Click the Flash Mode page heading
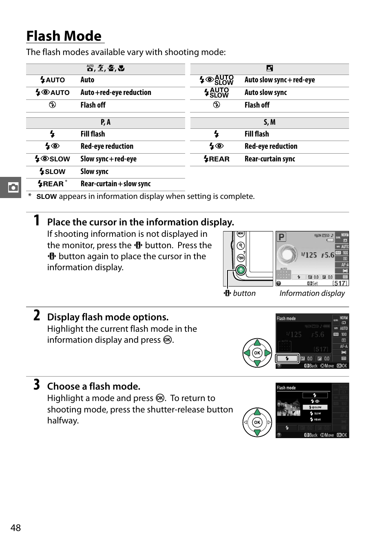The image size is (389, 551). pyautogui.click(x=64, y=36)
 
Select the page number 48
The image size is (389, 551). pyautogui.click(x=15, y=528)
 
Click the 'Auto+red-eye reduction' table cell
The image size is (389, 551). pyautogui.click(x=116, y=93)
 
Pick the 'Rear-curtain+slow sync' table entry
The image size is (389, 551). pyautogui.click(x=115, y=184)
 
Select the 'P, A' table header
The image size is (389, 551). pyautogui.click(x=106, y=122)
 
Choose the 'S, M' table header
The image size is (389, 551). pyautogui.click(x=270, y=122)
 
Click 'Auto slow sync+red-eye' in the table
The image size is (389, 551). pyautogui.click(x=280, y=80)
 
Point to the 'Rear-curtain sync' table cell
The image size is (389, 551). pyautogui.click(x=270, y=159)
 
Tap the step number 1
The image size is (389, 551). pyautogui.click(x=37, y=220)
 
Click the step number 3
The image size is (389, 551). pyautogui.click(x=37, y=385)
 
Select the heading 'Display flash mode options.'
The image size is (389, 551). pyautogui.click(x=108, y=317)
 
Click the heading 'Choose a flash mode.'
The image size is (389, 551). pyautogui.click(x=94, y=386)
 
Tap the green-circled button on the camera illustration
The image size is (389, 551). pyautogui.click(x=241, y=270)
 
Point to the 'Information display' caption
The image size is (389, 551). pyautogui.click(x=312, y=293)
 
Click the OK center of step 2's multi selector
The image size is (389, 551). pyautogui.click(x=257, y=353)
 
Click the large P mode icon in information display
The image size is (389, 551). pyautogui.click(x=281, y=237)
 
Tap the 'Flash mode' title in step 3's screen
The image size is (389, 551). pyautogui.click(x=286, y=388)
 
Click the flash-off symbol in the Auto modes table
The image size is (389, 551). pyautogui.click(x=52, y=105)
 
